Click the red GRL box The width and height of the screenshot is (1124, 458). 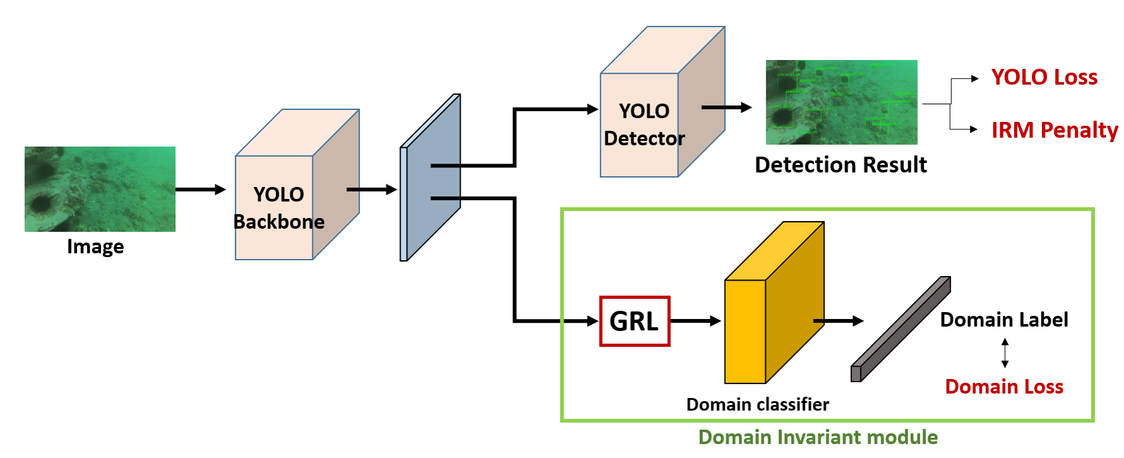(634, 321)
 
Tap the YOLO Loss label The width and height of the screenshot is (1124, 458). (1044, 77)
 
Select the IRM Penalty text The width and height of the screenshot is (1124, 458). (1054, 130)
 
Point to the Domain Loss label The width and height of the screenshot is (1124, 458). (1004, 387)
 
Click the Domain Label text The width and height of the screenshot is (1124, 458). (1003, 320)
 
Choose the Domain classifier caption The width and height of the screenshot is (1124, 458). (757, 404)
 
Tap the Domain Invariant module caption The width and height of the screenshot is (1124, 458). (818, 437)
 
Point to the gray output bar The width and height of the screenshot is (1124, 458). (901, 328)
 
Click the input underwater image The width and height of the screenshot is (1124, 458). (100, 189)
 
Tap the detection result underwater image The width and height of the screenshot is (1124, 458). (841, 102)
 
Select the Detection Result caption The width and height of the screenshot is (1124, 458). (841, 165)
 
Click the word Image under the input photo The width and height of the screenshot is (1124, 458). (95, 246)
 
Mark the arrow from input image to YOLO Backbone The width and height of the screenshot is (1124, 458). (200, 190)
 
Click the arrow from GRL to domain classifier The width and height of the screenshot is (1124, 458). (695, 321)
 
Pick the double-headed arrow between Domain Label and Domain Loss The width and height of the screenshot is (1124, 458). (1005, 353)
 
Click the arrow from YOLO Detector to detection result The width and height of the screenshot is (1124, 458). (726, 107)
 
